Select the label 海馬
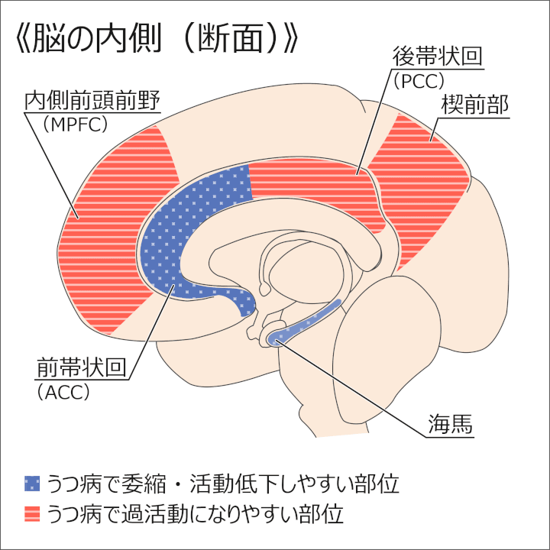(451, 422)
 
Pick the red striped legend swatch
(32, 511)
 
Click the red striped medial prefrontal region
(115, 229)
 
